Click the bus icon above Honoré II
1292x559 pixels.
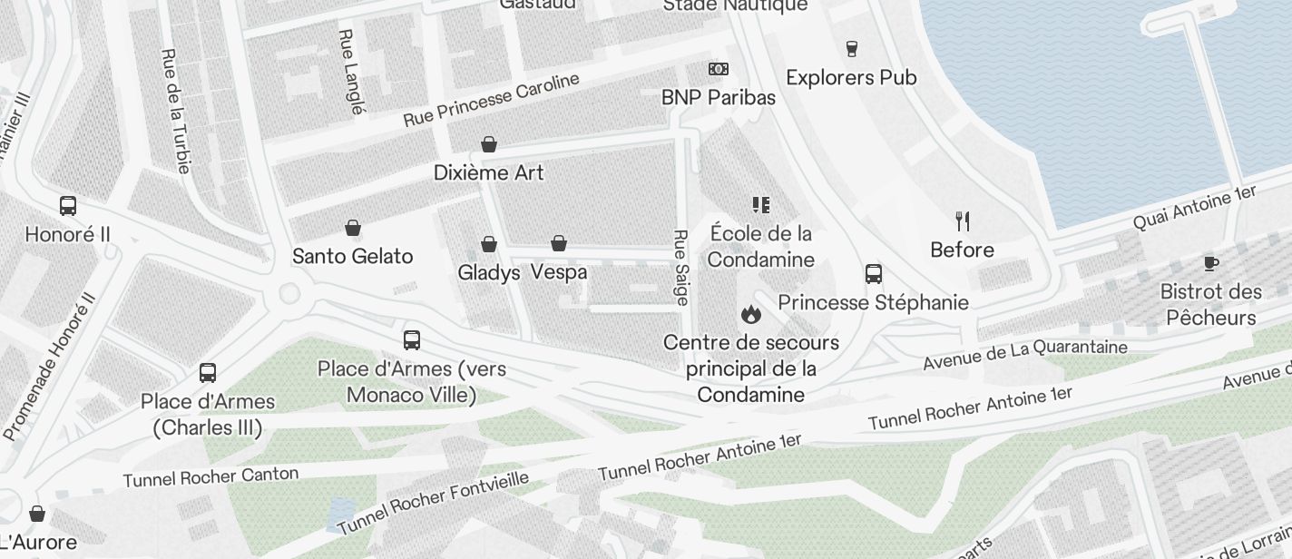click(68, 206)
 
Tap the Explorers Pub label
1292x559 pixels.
click(851, 78)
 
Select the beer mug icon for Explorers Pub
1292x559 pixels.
click(851, 48)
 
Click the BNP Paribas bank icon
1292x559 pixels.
click(718, 69)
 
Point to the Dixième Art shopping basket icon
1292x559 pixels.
click(489, 144)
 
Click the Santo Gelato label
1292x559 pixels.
click(352, 257)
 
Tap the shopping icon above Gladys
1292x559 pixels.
click(489, 244)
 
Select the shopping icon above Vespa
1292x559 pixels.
click(559, 243)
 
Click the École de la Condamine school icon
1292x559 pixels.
click(760, 205)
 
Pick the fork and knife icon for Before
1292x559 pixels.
click(963, 221)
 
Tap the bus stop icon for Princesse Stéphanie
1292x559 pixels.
click(874, 274)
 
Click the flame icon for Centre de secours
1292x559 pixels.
click(750, 315)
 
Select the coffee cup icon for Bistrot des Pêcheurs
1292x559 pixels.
click(1210, 263)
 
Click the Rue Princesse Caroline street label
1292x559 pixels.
click(491, 100)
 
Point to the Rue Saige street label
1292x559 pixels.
click(680, 267)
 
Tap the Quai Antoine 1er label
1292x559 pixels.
click(1194, 207)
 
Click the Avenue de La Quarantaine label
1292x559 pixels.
click(1024, 354)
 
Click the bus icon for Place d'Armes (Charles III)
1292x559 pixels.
click(208, 373)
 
